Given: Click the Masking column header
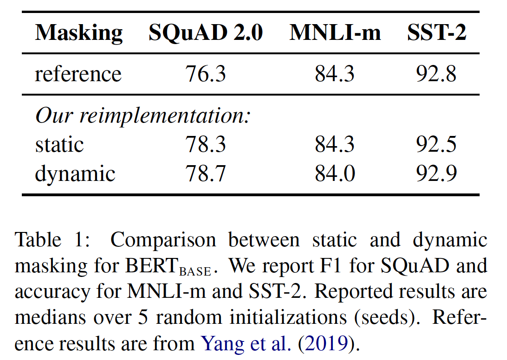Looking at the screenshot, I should (79, 33).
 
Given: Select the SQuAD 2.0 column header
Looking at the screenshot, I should (206, 33).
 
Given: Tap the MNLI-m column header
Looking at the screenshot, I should (335, 33).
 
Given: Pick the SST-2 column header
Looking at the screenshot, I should (436, 33).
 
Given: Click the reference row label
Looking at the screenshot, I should (78, 74).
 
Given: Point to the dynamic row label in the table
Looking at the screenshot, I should (75, 173).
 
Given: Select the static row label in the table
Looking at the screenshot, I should (59, 144).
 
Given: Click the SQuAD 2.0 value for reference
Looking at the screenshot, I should (206, 74).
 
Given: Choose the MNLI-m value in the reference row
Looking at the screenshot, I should (335, 74).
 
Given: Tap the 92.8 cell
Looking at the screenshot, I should (436, 74).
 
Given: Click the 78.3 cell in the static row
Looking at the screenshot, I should (206, 144).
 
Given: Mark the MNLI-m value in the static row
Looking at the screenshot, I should (335, 144).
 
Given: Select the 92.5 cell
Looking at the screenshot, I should (436, 144).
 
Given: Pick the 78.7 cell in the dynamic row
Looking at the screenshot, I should (206, 173).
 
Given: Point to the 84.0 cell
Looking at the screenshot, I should (335, 173).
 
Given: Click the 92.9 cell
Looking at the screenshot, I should (436, 173).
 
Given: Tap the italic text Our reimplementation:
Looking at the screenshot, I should (143, 116).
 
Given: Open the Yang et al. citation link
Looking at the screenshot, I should (245, 344).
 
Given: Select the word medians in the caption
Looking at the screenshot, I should (48, 318).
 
